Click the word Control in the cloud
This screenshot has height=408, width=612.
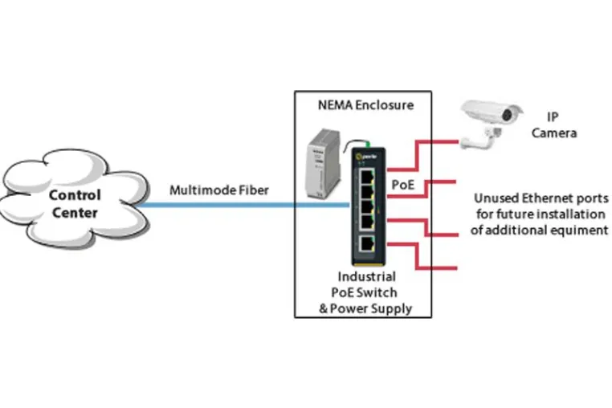[75, 195]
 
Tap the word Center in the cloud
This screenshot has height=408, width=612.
[75, 213]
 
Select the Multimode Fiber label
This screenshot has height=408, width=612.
[219, 190]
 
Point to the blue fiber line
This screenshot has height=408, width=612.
[244, 205]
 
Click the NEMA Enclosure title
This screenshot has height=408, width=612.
[365, 105]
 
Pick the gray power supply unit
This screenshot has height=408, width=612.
[323, 163]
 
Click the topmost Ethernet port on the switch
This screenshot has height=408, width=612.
[366, 177]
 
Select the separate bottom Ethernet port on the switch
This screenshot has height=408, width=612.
[366, 244]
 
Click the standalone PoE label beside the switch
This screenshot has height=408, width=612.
[403, 185]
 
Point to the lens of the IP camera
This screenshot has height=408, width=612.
[507, 115]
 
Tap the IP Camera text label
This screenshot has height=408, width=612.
[554, 125]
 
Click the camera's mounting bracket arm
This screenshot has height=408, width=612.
[479, 140]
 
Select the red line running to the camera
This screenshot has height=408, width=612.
[418, 155]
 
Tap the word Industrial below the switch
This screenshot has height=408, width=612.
[366, 276]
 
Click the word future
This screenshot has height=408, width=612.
[516, 214]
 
